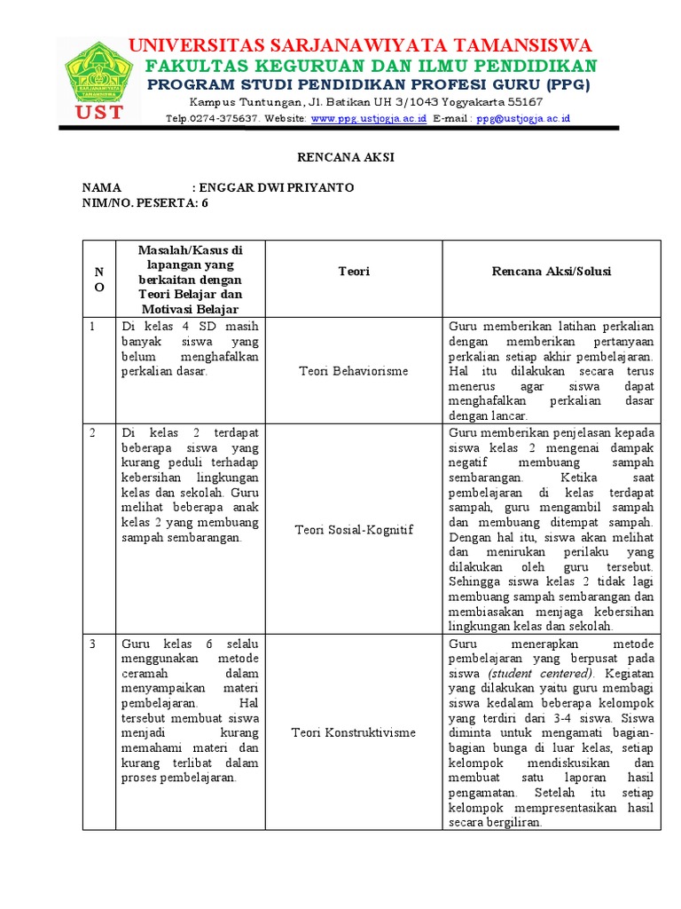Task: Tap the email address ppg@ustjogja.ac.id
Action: click(x=522, y=118)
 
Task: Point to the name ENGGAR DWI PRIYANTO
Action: click(x=278, y=188)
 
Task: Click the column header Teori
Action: click(x=354, y=272)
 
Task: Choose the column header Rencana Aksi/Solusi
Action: click(x=552, y=272)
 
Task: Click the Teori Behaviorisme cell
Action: click(x=354, y=370)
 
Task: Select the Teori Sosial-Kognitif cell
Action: click(x=354, y=530)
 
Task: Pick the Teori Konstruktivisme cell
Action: click(x=354, y=732)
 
